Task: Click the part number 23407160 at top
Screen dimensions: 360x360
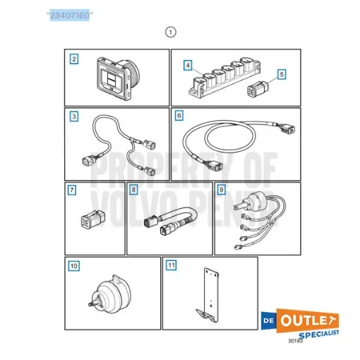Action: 68,13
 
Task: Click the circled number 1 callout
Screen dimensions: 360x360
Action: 169,32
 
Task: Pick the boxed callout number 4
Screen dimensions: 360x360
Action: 188,66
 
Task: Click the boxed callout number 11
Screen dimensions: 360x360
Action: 171,266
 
